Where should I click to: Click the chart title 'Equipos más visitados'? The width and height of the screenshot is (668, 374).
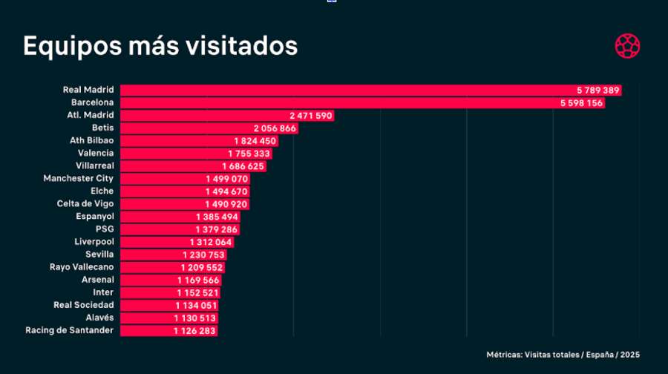(x=160, y=46)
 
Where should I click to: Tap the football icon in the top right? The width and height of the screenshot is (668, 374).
(x=627, y=46)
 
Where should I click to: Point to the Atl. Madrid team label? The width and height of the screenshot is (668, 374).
(x=90, y=115)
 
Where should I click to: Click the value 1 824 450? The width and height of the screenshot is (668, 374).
(x=255, y=141)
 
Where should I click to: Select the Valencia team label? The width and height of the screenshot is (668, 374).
(x=96, y=153)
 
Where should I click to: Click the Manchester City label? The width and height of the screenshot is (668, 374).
(x=79, y=179)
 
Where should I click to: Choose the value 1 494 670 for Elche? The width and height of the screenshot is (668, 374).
(x=226, y=191)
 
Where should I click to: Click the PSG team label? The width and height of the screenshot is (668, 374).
(x=105, y=229)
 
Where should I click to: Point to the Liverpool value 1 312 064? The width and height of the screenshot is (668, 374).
(x=211, y=242)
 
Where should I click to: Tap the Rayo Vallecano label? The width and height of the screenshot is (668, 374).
(x=82, y=267)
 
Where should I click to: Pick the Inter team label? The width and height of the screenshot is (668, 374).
(x=103, y=292)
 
